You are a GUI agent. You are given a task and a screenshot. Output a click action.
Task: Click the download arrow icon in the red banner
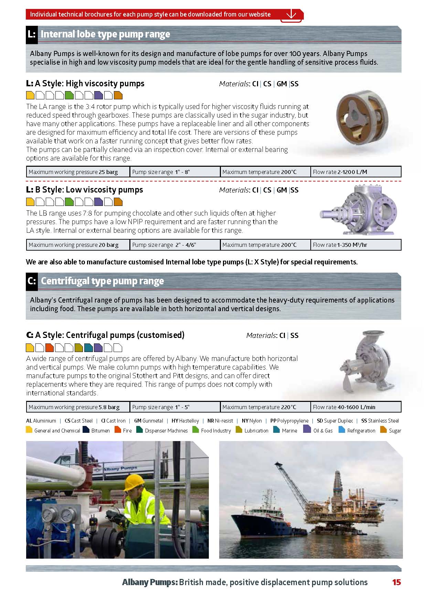click(291, 14)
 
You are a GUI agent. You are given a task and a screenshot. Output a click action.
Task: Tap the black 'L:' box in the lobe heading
click(31, 35)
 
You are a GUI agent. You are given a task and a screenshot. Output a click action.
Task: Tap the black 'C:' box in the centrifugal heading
click(31, 281)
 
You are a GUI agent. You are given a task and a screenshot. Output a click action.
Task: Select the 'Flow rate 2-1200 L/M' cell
click(356, 172)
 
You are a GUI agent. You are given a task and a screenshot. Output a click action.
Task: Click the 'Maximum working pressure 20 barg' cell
click(78, 245)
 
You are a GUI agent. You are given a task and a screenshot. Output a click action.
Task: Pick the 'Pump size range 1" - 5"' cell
click(175, 407)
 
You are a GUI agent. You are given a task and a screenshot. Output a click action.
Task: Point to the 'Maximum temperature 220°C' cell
click(265, 407)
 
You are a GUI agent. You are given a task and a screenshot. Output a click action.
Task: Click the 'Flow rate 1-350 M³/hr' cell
click(356, 245)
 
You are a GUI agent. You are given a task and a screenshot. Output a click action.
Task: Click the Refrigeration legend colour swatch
click(342, 430)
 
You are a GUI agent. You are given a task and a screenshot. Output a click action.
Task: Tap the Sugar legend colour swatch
click(384, 430)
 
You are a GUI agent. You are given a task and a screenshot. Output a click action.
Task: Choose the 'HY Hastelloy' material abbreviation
click(185, 421)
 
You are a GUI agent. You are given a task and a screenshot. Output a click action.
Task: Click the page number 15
click(396, 582)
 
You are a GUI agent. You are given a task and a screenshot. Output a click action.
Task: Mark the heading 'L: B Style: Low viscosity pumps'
click(85, 190)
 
